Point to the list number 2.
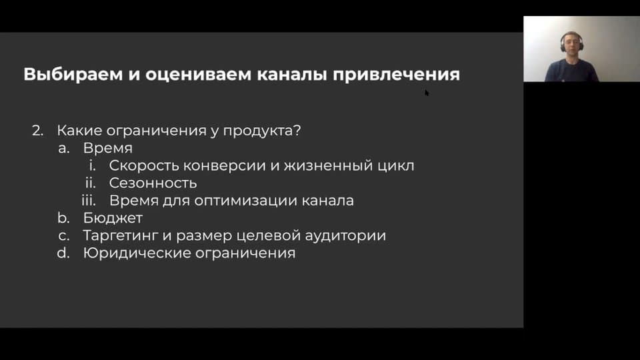point(37,131)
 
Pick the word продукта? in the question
point(261,131)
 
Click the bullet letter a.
point(64,149)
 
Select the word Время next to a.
point(108,148)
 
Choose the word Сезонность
point(153,183)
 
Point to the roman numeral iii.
point(89,201)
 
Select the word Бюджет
point(113,219)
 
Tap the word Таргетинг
point(121,236)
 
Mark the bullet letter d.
point(64,253)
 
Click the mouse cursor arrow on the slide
point(427,93)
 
